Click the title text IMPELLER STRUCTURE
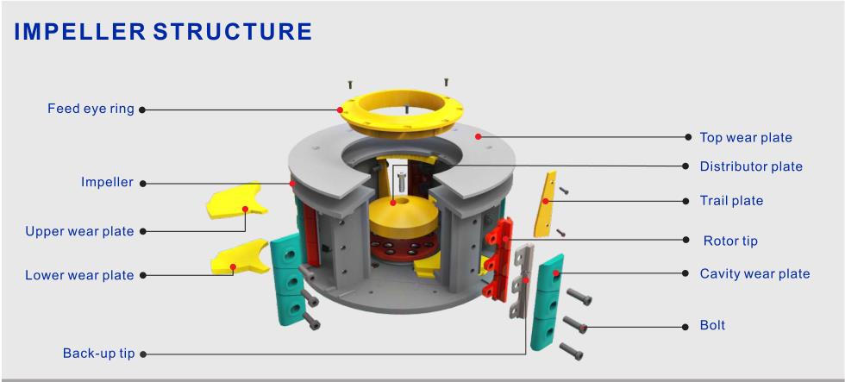(163, 33)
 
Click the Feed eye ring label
(91, 110)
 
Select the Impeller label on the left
(107, 183)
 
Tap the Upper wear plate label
(79, 231)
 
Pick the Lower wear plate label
(79, 275)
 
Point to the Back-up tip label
(98, 354)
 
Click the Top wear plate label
(745, 137)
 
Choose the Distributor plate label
(750, 166)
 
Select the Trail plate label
(731, 201)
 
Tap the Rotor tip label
(730, 241)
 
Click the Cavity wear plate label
(754, 274)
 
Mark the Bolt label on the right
(712, 326)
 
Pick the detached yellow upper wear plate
(235, 200)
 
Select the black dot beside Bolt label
(688, 326)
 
